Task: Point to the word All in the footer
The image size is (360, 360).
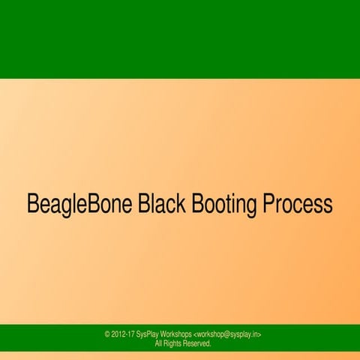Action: (x=159, y=343)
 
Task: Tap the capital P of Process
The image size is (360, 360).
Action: (x=265, y=204)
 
